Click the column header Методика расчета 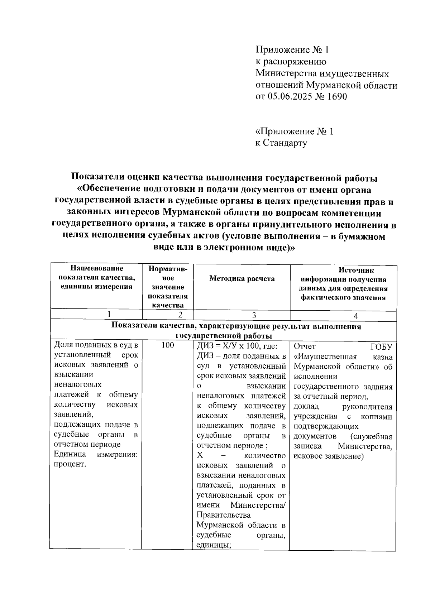pos(242,279)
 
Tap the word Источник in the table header pos(356,271)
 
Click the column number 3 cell pos(254,315)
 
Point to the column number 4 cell pos(356,316)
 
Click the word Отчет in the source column pos(305,347)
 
